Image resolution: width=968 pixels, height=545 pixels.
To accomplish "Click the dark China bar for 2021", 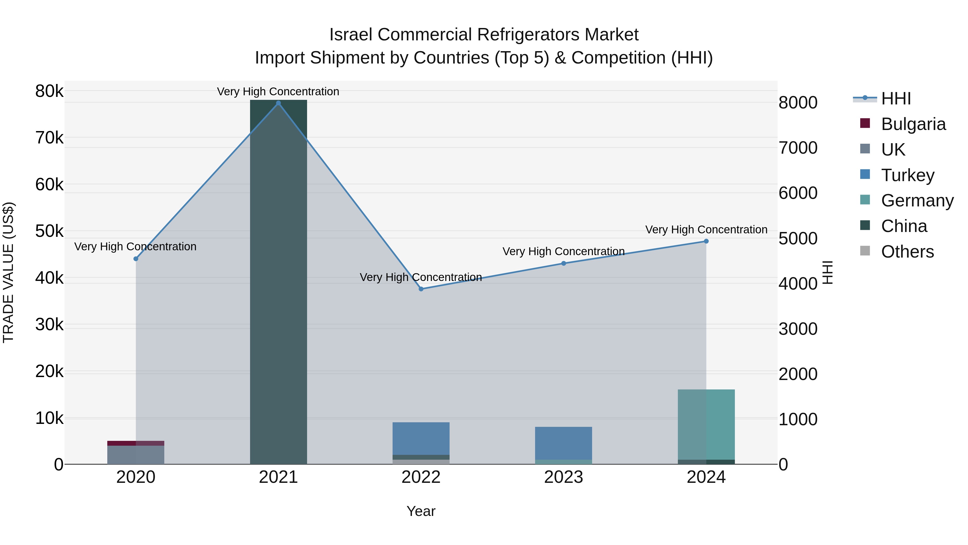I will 279,282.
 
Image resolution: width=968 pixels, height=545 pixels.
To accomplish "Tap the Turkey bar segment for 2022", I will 421,438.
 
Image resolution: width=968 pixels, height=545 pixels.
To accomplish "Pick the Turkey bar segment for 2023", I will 563,443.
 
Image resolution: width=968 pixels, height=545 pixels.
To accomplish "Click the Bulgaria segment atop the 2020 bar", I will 136,443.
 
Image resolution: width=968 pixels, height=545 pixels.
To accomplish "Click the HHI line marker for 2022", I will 421,289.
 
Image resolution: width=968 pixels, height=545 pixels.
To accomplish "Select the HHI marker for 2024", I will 706,241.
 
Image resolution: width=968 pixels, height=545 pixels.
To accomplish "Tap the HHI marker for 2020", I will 136,259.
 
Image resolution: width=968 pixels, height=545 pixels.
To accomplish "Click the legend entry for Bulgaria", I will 913,124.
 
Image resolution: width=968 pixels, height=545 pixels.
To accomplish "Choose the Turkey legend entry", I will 907,175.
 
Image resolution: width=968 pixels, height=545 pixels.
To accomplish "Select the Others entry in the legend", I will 907,252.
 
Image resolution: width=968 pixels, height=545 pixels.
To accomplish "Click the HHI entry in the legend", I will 896,99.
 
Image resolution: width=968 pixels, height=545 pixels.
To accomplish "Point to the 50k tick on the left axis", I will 49,231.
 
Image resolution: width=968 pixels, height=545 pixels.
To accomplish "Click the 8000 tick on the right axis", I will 798,103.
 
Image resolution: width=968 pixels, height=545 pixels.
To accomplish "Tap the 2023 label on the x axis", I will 563,477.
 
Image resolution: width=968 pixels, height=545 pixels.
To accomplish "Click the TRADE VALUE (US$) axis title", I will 8,272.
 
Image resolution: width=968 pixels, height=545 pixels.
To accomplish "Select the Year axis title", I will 421,511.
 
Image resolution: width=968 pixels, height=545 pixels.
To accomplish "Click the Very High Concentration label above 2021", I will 278,92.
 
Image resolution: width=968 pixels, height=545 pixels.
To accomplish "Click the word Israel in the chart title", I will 351,35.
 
